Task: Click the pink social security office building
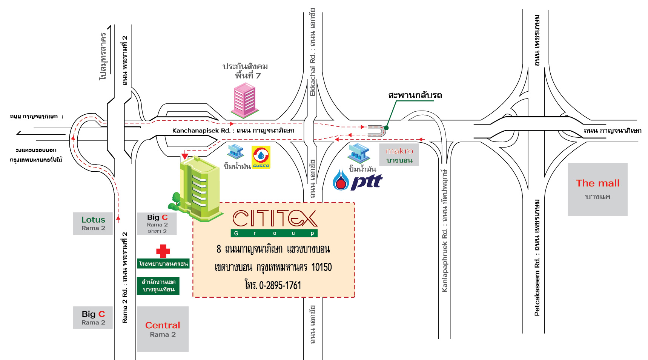click(x=245, y=100)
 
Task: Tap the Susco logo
click(x=261, y=157)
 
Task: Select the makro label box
click(x=399, y=155)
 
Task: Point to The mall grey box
click(x=597, y=189)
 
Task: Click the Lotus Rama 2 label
click(x=93, y=223)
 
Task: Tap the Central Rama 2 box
click(x=163, y=329)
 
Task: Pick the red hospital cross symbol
click(x=163, y=251)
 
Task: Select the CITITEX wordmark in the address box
click(x=275, y=218)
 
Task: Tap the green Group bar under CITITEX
click(x=274, y=233)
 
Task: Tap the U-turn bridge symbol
click(x=376, y=131)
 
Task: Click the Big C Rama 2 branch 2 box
click(x=157, y=224)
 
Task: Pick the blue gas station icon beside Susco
click(x=236, y=152)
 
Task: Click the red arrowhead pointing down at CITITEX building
click(x=185, y=156)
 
